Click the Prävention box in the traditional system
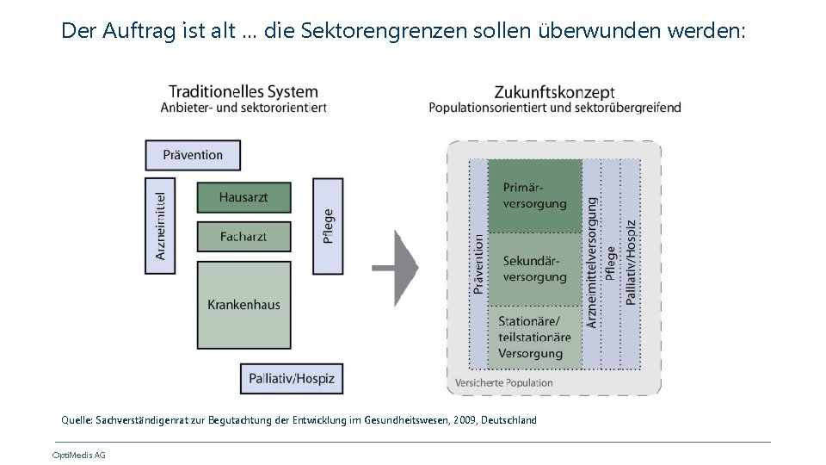coord(193,155)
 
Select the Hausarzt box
coord(243,197)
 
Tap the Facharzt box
coord(243,236)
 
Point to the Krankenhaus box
coord(243,304)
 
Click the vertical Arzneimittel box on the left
coord(160,226)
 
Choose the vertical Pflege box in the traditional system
coord(328,226)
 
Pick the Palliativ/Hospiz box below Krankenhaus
coord(292,377)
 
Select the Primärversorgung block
coord(534,195)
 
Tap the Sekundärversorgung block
coord(534,269)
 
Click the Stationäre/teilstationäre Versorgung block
coord(534,337)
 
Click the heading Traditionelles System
coord(243,91)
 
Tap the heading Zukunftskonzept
coord(554,91)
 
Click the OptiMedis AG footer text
coord(79,455)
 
